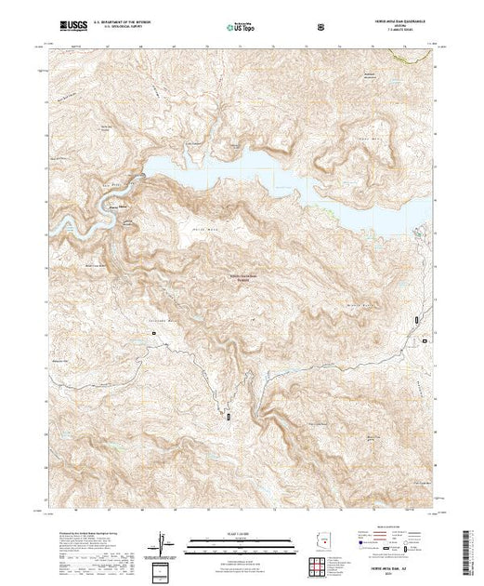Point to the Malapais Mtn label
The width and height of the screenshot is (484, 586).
[372, 140]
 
